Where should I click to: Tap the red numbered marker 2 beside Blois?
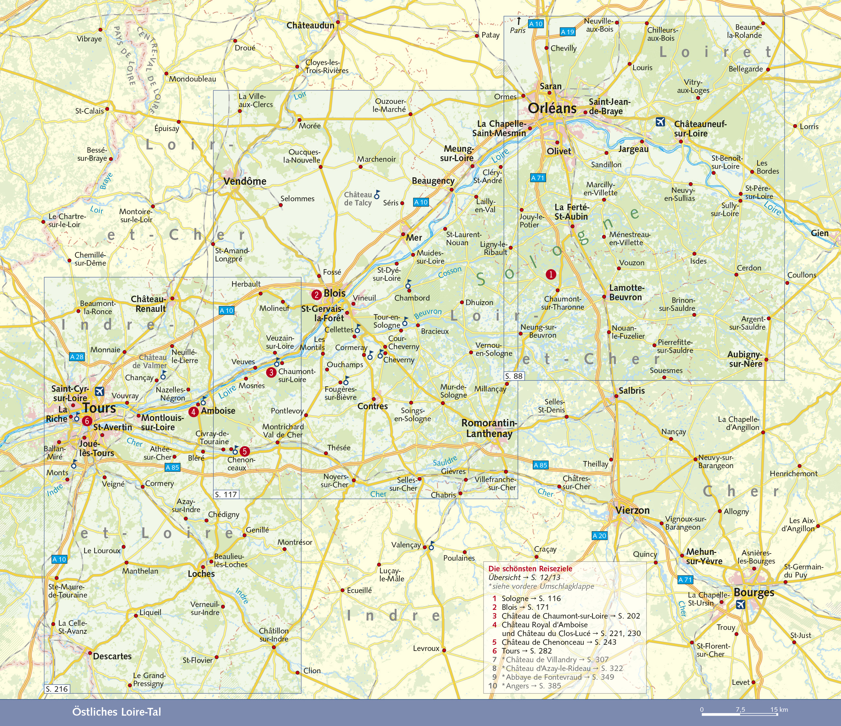(x=316, y=295)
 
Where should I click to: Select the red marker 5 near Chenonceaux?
(x=244, y=451)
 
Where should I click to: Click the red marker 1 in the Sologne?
(x=551, y=275)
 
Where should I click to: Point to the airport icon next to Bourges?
(x=740, y=605)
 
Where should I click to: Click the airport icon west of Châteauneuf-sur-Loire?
(x=660, y=122)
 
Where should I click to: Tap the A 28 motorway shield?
(x=76, y=357)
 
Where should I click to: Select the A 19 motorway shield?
(x=567, y=32)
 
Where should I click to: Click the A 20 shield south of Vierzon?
(x=599, y=536)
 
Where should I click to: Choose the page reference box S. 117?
(x=226, y=494)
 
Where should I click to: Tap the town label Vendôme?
(x=245, y=181)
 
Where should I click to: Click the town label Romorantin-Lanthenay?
(x=489, y=428)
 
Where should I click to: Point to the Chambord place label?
(x=412, y=298)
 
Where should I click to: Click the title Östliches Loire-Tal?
(x=117, y=712)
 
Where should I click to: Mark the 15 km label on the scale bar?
(x=779, y=709)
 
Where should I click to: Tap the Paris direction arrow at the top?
(x=519, y=21)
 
